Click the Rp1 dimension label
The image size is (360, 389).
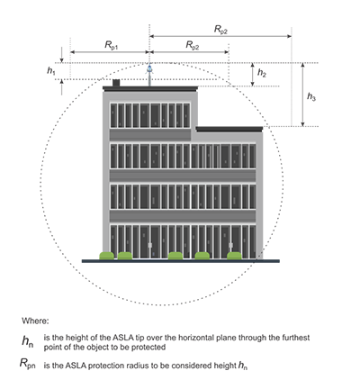click(x=111, y=45)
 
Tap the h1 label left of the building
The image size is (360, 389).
click(x=50, y=71)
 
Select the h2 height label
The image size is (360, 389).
click(x=262, y=73)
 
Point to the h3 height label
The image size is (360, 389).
click(x=311, y=96)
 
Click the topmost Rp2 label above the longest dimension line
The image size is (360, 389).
click(x=220, y=30)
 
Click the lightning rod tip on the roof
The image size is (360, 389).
click(x=149, y=64)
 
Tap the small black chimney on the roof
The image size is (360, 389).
click(x=116, y=83)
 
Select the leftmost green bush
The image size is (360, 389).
click(x=107, y=256)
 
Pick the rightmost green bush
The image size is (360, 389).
click(x=234, y=256)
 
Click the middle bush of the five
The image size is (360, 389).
click(x=175, y=256)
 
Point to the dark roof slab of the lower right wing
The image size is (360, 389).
click(x=229, y=130)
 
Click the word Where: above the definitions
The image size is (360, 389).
click(x=35, y=321)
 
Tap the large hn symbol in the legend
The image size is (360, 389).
click(x=28, y=341)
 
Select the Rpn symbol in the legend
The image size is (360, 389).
click(x=28, y=364)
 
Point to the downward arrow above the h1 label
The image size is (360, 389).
click(x=62, y=55)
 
